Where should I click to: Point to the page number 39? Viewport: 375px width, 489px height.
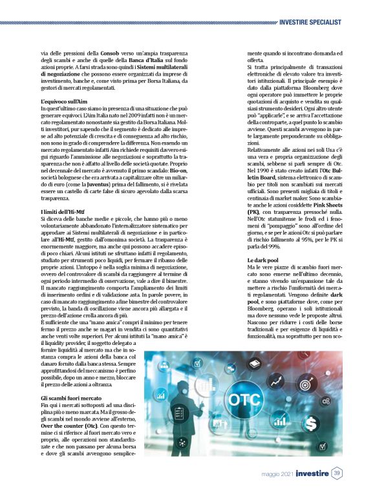337,473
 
